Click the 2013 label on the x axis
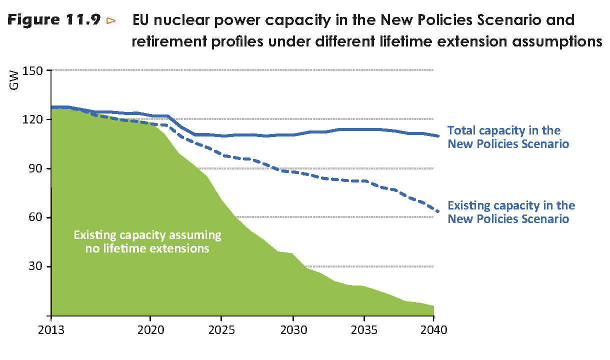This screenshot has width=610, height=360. pyautogui.click(x=51, y=330)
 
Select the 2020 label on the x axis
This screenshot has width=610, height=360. pyautogui.click(x=150, y=330)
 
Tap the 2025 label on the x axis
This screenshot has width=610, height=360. pyautogui.click(x=221, y=330)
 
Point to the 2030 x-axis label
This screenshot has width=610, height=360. pyautogui.click(x=292, y=330)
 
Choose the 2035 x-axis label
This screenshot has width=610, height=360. pyautogui.click(x=363, y=330)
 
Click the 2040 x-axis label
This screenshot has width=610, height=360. pyautogui.click(x=433, y=330)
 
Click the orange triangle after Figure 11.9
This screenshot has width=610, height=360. pyautogui.click(x=111, y=21)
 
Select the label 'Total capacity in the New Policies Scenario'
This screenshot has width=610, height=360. pyautogui.click(x=508, y=137)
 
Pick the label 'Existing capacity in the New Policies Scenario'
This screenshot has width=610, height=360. pyautogui.click(x=511, y=212)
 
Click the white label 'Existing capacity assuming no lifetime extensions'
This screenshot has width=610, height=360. pyautogui.click(x=147, y=241)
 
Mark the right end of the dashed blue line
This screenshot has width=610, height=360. pyautogui.click(x=438, y=211)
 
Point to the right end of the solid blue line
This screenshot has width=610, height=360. pyautogui.click(x=438, y=136)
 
